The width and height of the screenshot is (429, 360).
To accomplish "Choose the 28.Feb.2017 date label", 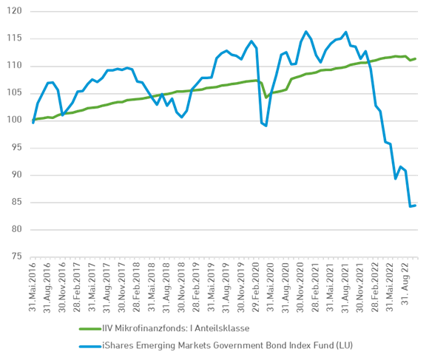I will pyautogui.click(x=78, y=288).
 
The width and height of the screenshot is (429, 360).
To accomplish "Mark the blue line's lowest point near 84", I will pyautogui.click(x=411, y=207).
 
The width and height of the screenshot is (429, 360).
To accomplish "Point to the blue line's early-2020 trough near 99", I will pyautogui.click(x=265, y=126).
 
